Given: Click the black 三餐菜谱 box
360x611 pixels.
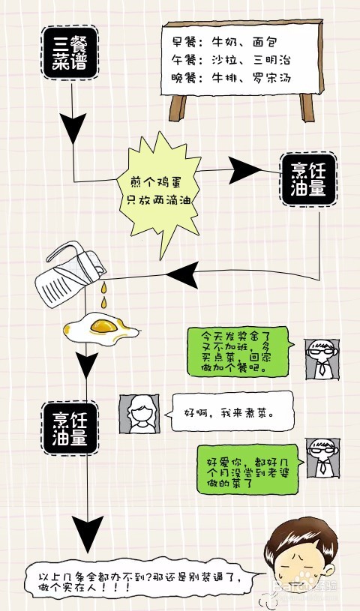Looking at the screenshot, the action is tap(70, 52).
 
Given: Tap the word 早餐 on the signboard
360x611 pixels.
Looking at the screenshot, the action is tap(183, 42).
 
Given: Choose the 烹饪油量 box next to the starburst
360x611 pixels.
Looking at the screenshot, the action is tap(308, 179).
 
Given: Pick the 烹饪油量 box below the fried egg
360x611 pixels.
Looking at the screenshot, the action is tap(70, 428).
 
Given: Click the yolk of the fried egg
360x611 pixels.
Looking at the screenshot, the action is tap(103, 325).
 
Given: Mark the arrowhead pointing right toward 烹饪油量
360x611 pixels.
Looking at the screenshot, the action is tap(244, 171).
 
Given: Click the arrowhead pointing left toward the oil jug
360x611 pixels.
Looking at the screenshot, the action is tap(182, 275).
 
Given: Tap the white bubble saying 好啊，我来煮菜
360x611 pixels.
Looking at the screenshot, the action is tap(229, 412).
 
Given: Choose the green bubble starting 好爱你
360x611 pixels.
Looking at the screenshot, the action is tap(250, 469).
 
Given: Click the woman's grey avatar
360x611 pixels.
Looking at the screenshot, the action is tap(139, 413).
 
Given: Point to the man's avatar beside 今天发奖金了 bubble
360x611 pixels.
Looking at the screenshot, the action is tap(322, 359).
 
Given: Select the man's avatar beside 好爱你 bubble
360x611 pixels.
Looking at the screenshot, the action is tap(322, 457).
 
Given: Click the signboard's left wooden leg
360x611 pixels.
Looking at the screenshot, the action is tap(178, 108).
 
